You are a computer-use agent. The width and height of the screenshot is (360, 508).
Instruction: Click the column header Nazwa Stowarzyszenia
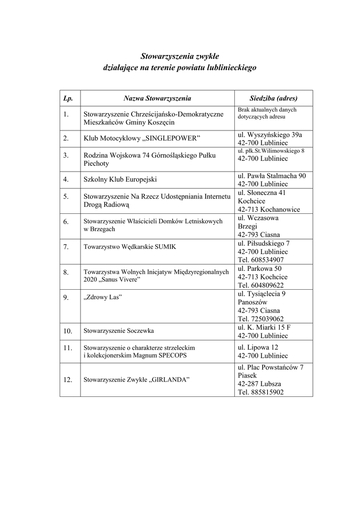[x=157, y=98]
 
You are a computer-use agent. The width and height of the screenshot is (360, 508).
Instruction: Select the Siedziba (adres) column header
[x=273, y=98]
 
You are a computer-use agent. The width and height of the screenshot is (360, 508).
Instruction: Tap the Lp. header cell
[x=68, y=98]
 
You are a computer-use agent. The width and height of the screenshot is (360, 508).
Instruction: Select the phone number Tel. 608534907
[x=261, y=259]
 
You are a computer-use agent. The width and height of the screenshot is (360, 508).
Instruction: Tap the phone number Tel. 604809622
[x=261, y=285]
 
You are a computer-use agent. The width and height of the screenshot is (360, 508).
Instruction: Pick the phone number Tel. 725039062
[x=261, y=319]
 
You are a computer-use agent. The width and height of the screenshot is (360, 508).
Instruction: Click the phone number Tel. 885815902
[x=261, y=392]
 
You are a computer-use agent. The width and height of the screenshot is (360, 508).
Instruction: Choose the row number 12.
[x=68, y=380]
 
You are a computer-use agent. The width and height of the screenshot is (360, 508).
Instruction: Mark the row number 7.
[x=66, y=246]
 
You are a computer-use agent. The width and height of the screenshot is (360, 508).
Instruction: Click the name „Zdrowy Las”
[x=103, y=297]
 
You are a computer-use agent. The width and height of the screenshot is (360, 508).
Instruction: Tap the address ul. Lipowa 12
[x=258, y=347]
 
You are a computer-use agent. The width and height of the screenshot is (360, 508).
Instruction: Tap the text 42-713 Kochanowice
[x=269, y=209]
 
